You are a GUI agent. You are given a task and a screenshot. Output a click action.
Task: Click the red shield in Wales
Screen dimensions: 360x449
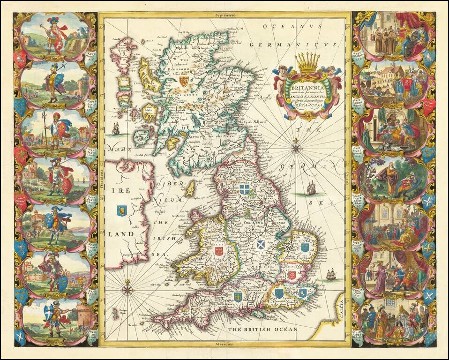click(218, 251)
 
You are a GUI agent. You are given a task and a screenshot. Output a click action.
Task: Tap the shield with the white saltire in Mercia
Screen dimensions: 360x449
click(260, 244)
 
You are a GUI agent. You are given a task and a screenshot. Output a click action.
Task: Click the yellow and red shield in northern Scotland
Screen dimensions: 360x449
click(184, 82)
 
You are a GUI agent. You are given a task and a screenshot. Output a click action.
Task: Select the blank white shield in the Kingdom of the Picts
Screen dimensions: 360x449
click(216, 142)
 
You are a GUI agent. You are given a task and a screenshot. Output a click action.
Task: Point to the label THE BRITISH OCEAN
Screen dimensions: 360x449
click(262, 330)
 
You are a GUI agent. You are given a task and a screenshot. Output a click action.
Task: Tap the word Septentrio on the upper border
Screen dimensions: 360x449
click(224, 15)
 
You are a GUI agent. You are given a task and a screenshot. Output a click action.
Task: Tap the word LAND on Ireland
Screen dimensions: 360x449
click(120, 233)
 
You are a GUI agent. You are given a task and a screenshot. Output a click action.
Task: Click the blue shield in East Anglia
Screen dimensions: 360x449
click(305, 247)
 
